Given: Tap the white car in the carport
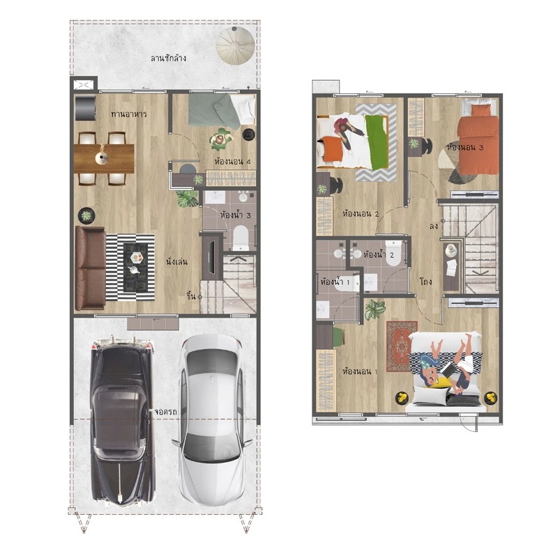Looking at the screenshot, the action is [x=212, y=420].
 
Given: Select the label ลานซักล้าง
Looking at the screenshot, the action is [x=168, y=58].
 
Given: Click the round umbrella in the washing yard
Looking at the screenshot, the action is [x=236, y=45].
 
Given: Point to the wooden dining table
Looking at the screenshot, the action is [x=104, y=158].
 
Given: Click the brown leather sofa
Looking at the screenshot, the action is [x=90, y=268].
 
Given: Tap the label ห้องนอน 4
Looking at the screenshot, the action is [x=232, y=162].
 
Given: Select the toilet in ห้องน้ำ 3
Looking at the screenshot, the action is [x=241, y=237].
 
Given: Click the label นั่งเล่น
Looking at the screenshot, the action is [x=176, y=262].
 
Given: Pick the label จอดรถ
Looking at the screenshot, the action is [x=165, y=412].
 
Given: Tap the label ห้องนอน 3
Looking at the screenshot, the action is [x=465, y=147].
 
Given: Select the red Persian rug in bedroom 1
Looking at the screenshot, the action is [x=402, y=346].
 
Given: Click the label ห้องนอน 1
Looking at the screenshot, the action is [x=360, y=371].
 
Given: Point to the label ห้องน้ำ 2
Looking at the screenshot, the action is [x=379, y=254].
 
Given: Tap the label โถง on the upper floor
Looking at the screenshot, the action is [x=425, y=281].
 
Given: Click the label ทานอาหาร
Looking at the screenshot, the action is [x=129, y=114].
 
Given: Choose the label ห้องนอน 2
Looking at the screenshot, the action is [x=361, y=214].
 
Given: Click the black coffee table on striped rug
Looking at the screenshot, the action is [x=136, y=267].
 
